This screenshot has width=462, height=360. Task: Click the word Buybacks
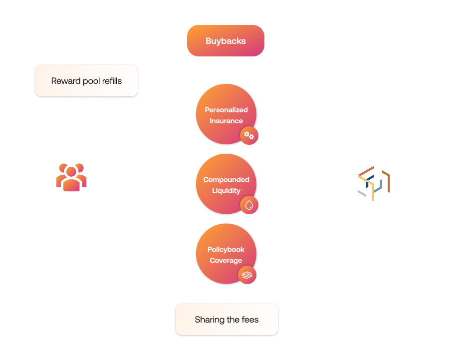pyautogui.click(x=226, y=41)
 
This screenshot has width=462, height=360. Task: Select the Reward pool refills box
pyautogui.click(x=86, y=80)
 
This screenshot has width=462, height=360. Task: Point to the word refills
pyautogui.click(x=110, y=81)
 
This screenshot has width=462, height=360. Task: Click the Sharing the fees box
pyautogui.click(x=227, y=320)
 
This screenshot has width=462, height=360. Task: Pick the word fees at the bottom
pyautogui.click(x=249, y=320)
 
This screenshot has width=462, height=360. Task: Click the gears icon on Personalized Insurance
pyautogui.click(x=249, y=135)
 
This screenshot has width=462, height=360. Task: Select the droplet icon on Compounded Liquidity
pyautogui.click(x=249, y=205)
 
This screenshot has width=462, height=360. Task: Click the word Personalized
pyautogui.click(x=226, y=110)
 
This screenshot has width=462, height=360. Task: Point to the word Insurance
pyautogui.click(x=226, y=121)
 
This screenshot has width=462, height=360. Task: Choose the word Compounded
pyautogui.click(x=226, y=180)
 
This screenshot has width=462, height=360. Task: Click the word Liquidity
pyautogui.click(x=226, y=191)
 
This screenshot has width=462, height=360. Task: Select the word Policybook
pyautogui.click(x=226, y=250)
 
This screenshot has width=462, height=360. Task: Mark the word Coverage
pyautogui.click(x=226, y=261)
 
